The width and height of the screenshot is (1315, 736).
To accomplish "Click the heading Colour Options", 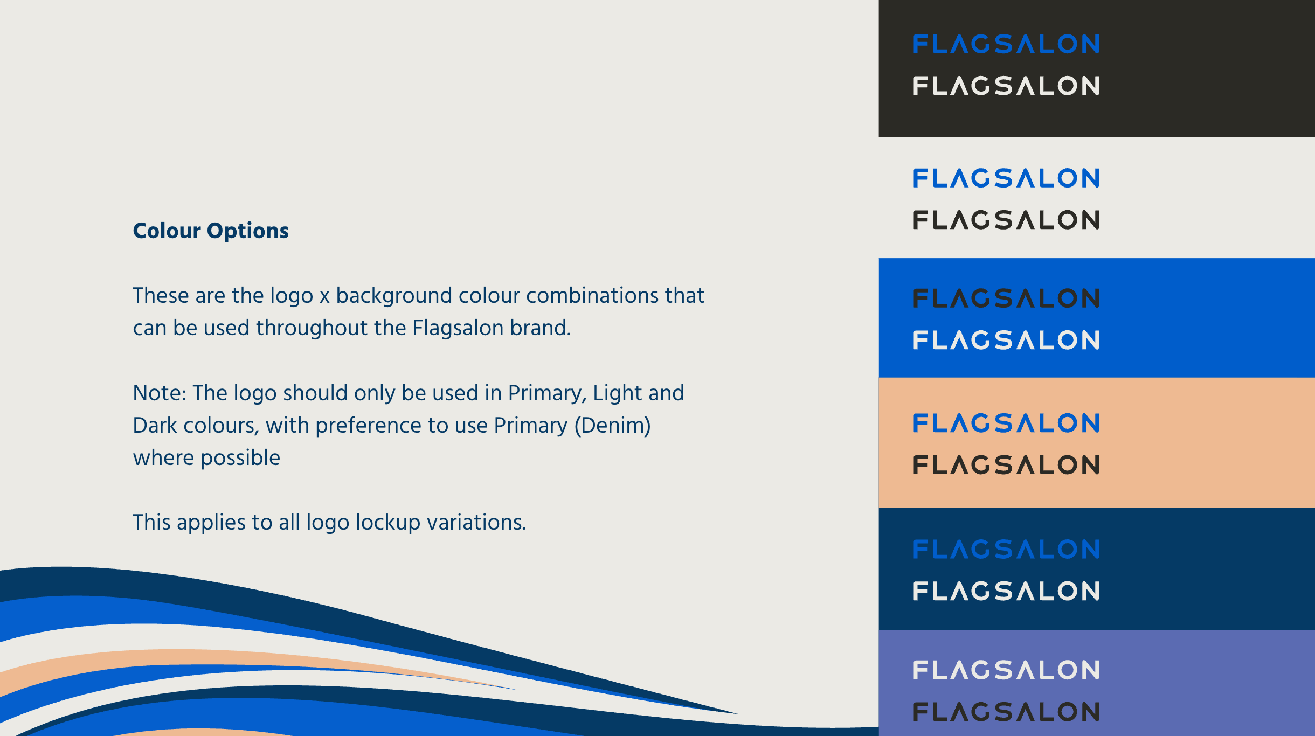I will click(211, 231).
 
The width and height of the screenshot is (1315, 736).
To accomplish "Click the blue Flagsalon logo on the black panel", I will click(1006, 44).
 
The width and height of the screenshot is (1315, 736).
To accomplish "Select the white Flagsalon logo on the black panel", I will click(1006, 86).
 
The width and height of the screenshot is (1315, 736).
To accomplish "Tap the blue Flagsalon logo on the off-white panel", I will click(1006, 178).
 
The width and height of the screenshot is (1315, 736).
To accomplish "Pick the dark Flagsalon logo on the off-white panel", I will click(1006, 220).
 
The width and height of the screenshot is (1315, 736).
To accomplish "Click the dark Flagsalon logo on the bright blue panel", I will click(1006, 298).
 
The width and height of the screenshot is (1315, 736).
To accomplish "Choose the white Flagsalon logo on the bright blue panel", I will click(1006, 340).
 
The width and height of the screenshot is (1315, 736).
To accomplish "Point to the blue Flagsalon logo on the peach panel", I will click(1006, 423).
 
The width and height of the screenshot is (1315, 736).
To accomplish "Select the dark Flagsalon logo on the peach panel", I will click(1006, 465).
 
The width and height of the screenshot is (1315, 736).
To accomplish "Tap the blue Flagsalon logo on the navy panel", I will click(1006, 550).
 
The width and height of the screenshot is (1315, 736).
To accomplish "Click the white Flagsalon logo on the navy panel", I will click(1006, 591).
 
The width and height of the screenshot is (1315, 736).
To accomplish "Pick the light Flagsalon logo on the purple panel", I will click(1006, 670).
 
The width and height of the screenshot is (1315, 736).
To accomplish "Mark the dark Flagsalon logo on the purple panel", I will click(1006, 712).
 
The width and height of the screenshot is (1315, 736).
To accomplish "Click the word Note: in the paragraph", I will click(160, 393).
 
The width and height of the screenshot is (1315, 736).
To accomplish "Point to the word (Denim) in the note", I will click(613, 426).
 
